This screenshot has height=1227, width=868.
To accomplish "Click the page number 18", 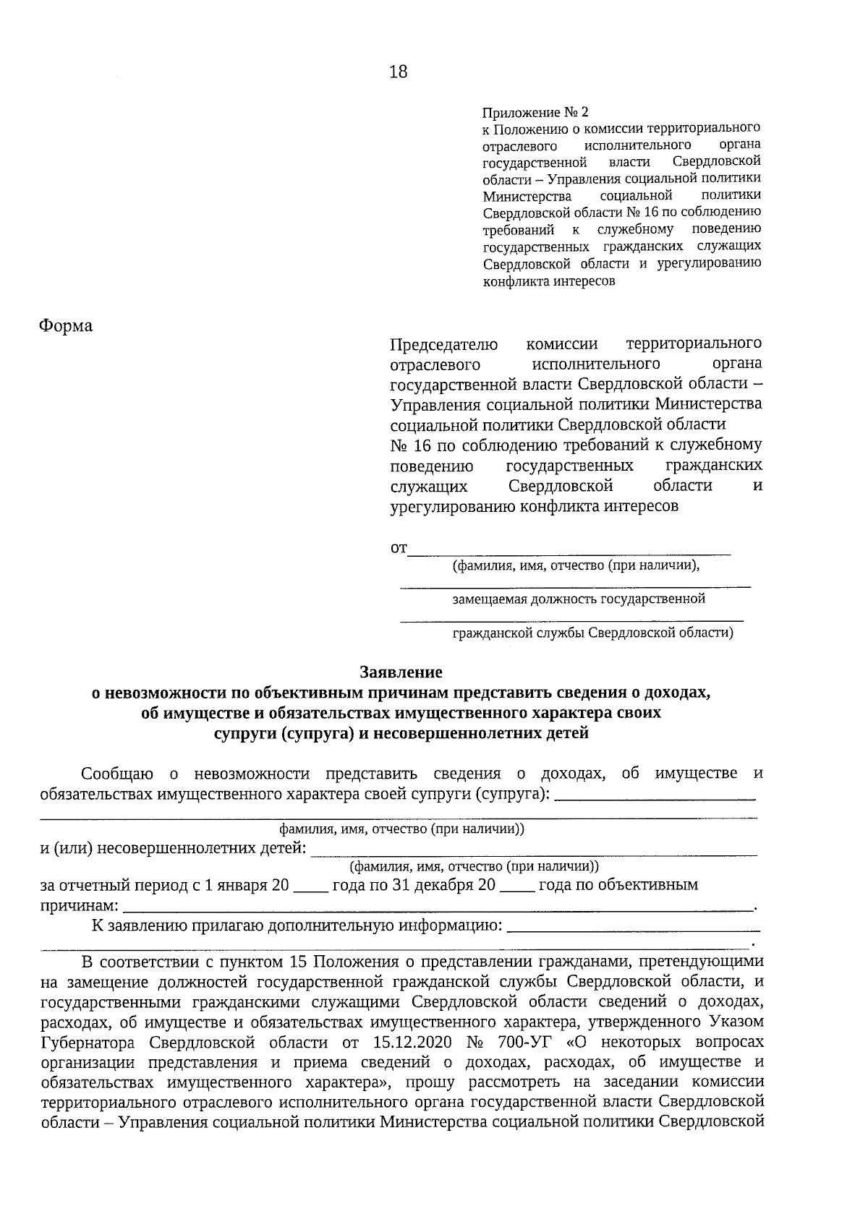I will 398,72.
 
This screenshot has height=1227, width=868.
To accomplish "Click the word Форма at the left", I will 66,326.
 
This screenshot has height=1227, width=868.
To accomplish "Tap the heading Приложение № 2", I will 535,113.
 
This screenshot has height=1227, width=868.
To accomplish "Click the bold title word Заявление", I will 401,672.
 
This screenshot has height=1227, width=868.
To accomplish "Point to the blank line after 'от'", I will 569,552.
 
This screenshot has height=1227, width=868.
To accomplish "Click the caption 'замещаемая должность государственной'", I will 578,599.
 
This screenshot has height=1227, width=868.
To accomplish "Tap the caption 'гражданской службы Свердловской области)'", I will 592,633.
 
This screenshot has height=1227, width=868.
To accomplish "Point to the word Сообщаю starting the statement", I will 117,774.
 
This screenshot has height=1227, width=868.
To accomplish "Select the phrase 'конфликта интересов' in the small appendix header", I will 549,282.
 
